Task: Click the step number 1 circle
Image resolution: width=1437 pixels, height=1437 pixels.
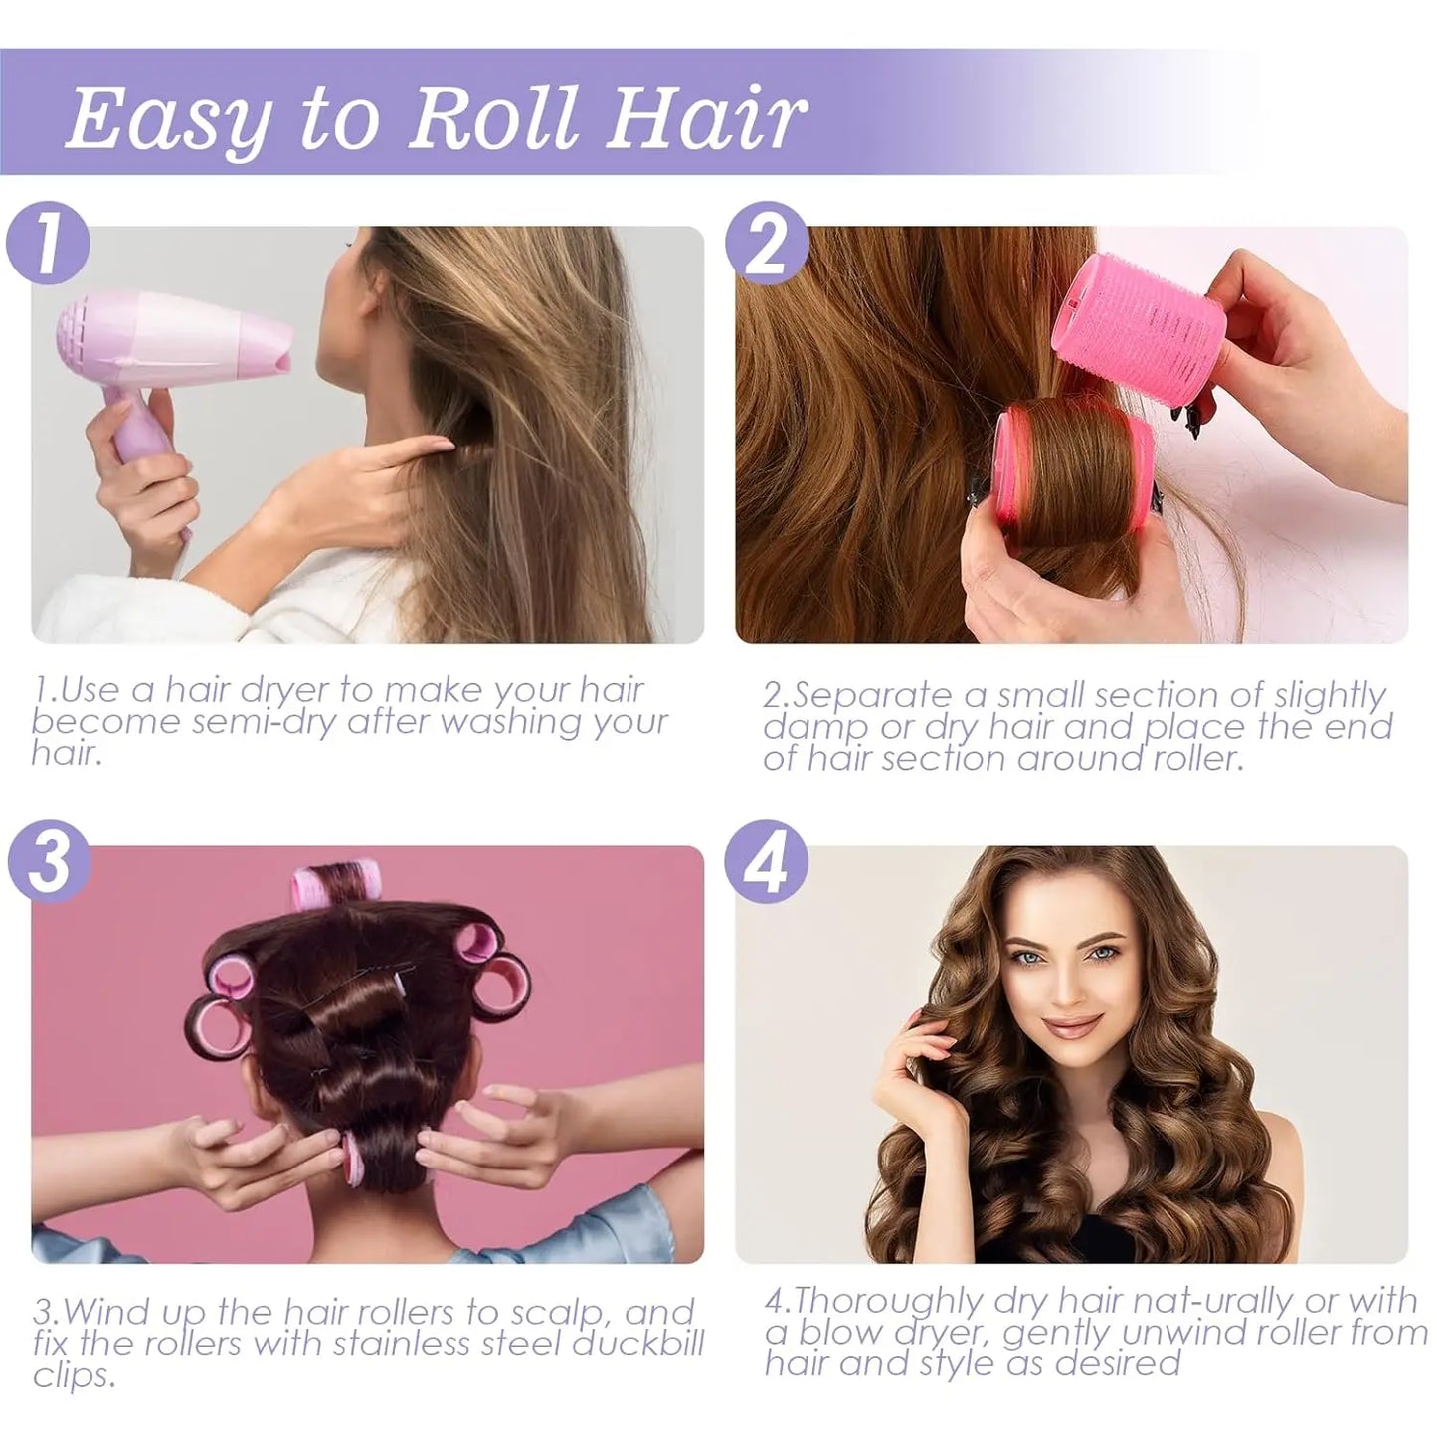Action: (x=47, y=244)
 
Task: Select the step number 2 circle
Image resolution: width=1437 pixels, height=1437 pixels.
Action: (x=767, y=244)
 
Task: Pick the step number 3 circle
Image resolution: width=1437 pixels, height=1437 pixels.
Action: (x=47, y=862)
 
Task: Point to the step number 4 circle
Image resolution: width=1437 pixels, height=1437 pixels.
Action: (x=767, y=862)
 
